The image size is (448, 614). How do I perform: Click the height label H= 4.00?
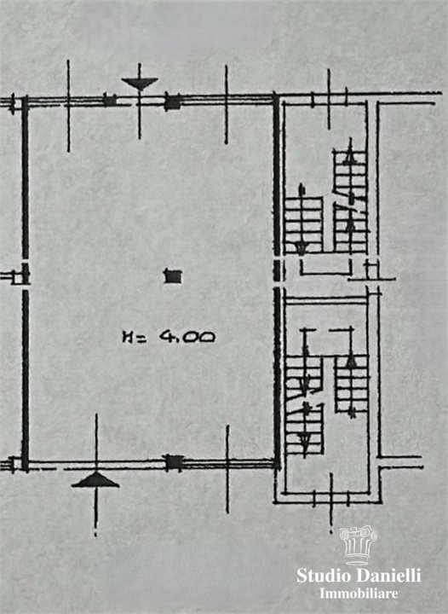click(x=169, y=336)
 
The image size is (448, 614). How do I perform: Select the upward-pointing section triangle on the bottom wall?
click(x=95, y=480)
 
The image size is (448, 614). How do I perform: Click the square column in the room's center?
click(x=173, y=276)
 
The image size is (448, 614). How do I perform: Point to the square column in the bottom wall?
click(x=174, y=462)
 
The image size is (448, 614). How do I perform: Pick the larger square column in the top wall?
click(x=172, y=101)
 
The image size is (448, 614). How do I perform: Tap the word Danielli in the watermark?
click(x=389, y=576)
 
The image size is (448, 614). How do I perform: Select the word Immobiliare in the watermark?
click(x=359, y=594)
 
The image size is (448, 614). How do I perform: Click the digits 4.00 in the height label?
click(x=187, y=336)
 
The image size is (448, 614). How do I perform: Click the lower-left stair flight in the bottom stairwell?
click(x=305, y=429)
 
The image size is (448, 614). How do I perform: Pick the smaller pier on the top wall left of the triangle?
click(x=110, y=100)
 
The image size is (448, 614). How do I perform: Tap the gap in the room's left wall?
click(x=26, y=275)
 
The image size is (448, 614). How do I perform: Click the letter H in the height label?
click(x=127, y=337)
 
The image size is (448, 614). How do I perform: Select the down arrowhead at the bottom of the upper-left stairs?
click(x=301, y=248)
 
